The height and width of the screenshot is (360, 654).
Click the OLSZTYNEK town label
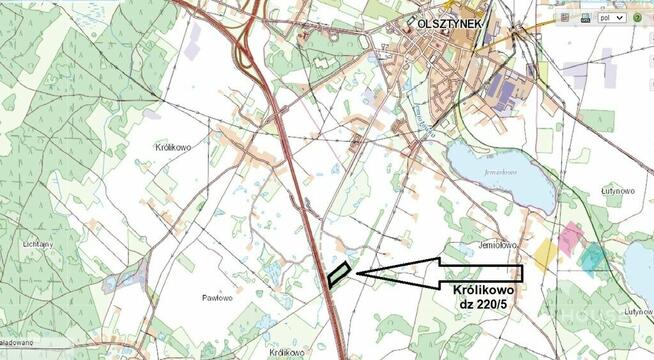pyautogui.click(x=444, y=23)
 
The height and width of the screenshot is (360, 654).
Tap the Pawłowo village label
pyautogui.click(x=217, y=297)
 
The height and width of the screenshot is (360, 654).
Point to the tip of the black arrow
pyautogui.click(x=357, y=271)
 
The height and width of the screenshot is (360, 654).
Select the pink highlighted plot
pyautogui.click(x=570, y=239)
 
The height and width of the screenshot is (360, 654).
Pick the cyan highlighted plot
pyautogui.click(x=592, y=257)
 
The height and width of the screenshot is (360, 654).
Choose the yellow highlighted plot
pyautogui.click(x=546, y=254)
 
